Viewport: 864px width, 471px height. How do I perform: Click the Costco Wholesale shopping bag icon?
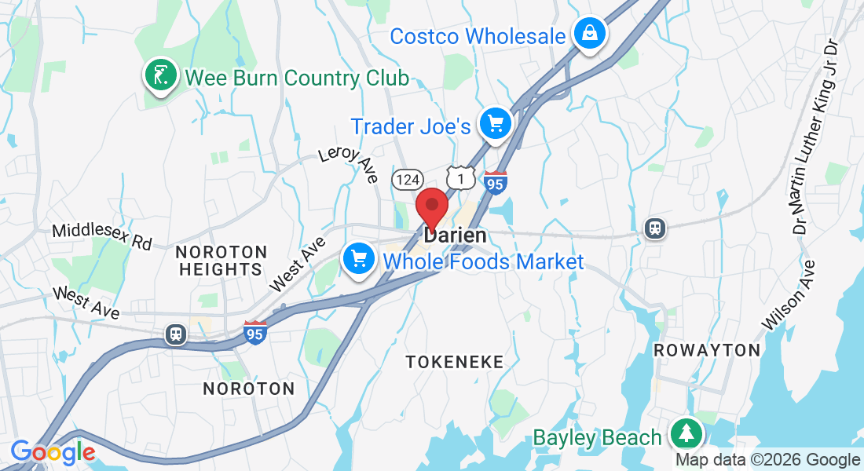588,34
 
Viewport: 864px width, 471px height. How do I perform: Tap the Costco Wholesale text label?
478,36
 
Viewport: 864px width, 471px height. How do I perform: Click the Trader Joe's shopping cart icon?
495,123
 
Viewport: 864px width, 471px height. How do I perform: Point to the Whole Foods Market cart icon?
359,257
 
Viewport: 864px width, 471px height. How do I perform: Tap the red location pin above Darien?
431,208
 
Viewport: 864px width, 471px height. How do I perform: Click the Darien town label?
455,235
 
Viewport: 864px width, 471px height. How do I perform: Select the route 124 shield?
408,179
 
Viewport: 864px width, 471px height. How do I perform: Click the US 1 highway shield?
461,178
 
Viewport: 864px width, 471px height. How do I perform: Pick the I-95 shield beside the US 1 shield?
496,183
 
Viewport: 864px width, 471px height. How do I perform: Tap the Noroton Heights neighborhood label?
221,261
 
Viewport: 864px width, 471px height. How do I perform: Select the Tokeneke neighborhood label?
455,361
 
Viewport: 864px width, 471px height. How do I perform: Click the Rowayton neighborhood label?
707,350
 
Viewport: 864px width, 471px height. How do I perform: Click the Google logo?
53,452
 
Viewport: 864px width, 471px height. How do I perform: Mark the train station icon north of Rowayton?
655,228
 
